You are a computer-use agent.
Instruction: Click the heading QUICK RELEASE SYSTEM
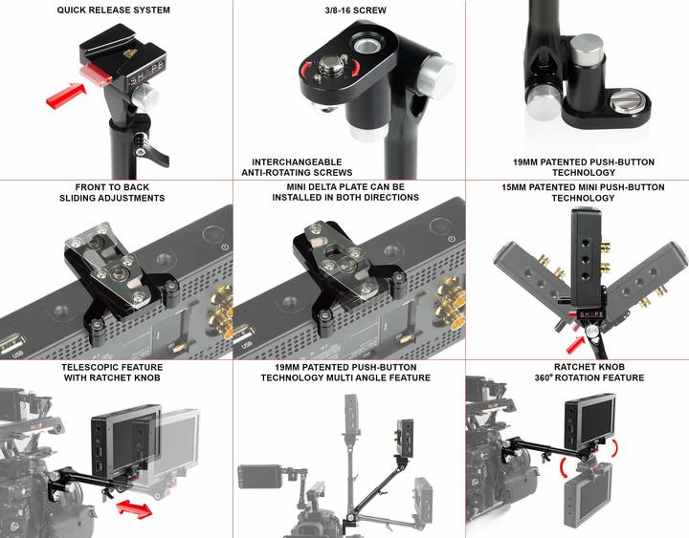[113, 11]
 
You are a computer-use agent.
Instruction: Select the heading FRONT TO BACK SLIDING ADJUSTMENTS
[113, 192]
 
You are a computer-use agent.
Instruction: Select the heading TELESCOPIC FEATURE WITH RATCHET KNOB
[113, 372]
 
